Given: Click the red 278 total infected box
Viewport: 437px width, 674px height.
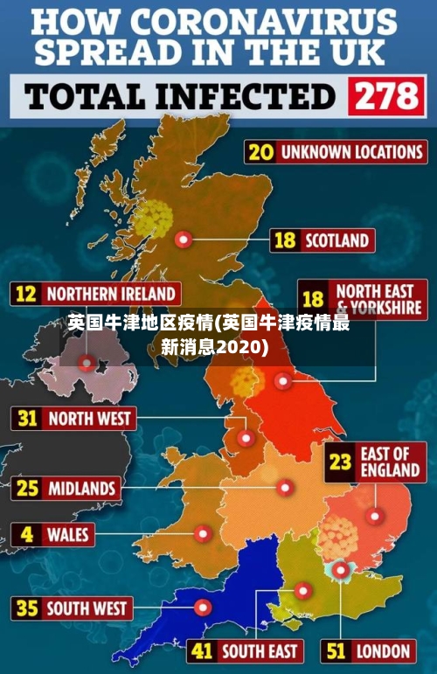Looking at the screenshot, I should [x=385, y=96].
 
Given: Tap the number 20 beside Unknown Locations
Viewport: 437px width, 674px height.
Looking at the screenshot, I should [x=260, y=151].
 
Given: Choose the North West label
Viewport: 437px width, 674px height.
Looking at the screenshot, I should [x=88, y=419].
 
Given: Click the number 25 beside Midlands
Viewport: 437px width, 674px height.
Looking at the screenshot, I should [x=28, y=487].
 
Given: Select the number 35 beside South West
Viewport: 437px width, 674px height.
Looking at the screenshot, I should [x=28, y=608].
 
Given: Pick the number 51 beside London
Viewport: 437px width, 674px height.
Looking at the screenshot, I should [x=336, y=650].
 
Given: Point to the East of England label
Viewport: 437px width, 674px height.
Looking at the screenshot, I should [x=390, y=462].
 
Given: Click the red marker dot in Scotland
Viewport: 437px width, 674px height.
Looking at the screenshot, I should [x=183, y=239].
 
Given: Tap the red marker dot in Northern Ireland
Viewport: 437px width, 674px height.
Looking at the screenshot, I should [x=87, y=361].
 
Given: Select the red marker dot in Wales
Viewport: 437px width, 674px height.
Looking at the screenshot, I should [x=203, y=532].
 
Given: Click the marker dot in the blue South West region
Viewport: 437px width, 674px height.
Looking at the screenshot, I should [x=203, y=607].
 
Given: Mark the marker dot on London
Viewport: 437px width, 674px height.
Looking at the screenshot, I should [x=338, y=570].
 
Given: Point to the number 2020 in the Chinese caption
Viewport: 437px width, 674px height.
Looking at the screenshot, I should [x=239, y=347].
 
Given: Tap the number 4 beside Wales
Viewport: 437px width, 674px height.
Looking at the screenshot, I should [x=28, y=533].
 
